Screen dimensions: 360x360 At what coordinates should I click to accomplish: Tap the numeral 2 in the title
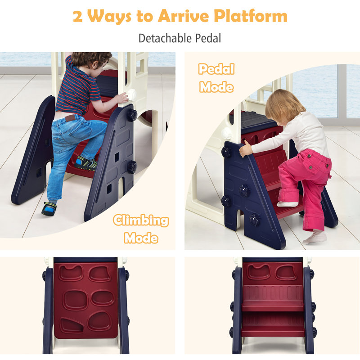pyautogui.click(x=78, y=16)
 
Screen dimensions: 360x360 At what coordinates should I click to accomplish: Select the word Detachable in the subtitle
pyautogui.click(x=165, y=38)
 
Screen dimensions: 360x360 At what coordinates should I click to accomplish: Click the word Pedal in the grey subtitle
pyautogui.click(x=208, y=38)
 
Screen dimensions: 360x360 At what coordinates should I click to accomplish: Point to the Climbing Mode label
pyautogui.click(x=141, y=229)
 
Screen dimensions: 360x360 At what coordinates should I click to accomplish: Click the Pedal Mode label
pyautogui.click(x=216, y=78)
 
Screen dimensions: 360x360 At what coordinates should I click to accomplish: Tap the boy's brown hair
pyautogui.click(x=91, y=59)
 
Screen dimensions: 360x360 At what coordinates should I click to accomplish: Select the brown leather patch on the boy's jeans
pyautogui.click(x=70, y=118)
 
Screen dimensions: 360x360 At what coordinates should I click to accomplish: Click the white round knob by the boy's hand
pyautogui.click(x=132, y=94)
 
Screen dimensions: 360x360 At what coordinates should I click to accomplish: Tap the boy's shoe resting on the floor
pyautogui.click(x=49, y=208)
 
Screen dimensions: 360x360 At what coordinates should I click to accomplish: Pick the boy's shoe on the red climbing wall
pyautogui.click(x=86, y=163)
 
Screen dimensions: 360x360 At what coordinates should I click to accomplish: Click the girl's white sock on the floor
pyautogui.click(x=315, y=238)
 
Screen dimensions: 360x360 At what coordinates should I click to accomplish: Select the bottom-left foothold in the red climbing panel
pyautogui.click(x=72, y=325)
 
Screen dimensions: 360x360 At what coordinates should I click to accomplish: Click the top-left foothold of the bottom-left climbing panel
pyautogui.click(x=71, y=273)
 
